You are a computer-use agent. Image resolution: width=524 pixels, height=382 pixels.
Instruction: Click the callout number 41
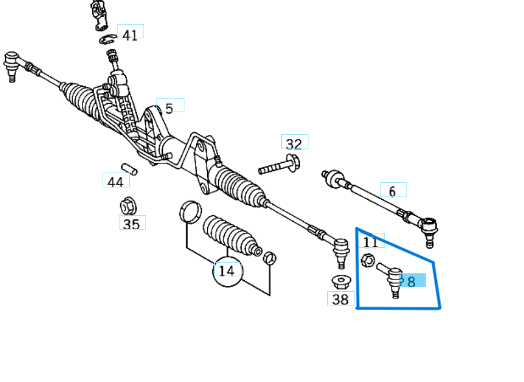[x=130, y=34]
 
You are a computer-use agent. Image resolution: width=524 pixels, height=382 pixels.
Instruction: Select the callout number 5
[x=169, y=108]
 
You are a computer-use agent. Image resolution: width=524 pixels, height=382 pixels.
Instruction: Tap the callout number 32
[x=294, y=144]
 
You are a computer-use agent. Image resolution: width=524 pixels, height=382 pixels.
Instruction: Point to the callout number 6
[x=392, y=191]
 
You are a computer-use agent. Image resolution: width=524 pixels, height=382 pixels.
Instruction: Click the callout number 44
[x=115, y=182]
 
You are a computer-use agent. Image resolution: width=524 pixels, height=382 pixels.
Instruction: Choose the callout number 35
[x=131, y=224]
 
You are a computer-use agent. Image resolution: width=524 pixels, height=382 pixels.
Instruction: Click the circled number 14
[x=227, y=270]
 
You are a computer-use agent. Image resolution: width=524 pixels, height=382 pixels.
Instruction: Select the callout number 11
[x=371, y=243]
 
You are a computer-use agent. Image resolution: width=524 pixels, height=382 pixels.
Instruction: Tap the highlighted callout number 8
[x=411, y=281]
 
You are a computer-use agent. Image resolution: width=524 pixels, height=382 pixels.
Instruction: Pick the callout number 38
[x=340, y=299]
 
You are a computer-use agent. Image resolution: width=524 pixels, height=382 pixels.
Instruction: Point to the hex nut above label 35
[x=128, y=206]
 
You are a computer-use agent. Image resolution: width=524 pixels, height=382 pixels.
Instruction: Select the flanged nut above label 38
[x=340, y=282]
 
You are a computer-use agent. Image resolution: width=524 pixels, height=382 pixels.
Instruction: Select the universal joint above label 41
[x=101, y=15]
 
